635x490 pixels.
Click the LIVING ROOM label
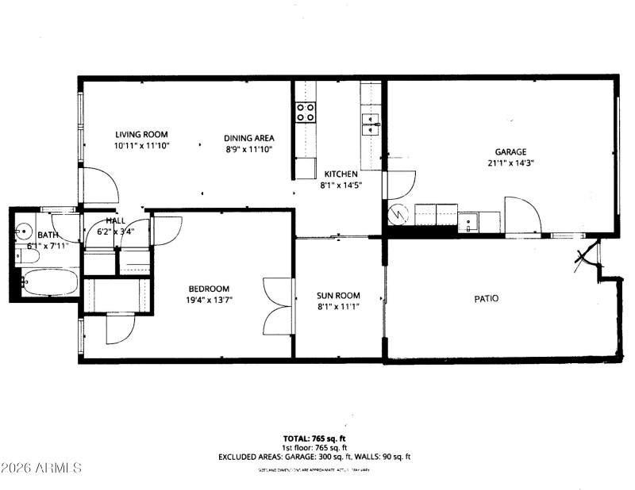click(141, 135)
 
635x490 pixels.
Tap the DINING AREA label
click(248, 137)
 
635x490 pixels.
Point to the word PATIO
click(487, 299)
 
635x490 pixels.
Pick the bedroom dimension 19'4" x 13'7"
click(210, 300)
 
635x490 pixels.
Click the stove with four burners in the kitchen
click(306, 112)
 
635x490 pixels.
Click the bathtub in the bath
click(48, 281)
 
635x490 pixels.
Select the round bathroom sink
click(25, 232)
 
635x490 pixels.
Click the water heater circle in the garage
click(400, 214)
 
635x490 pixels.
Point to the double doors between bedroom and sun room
click(279, 305)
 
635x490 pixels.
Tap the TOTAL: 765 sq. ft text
click(314, 438)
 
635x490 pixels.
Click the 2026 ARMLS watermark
click(41, 468)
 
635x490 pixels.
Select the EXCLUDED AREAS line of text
click(314, 457)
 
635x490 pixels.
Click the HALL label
click(117, 221)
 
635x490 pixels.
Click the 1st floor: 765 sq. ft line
click(314, 448)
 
